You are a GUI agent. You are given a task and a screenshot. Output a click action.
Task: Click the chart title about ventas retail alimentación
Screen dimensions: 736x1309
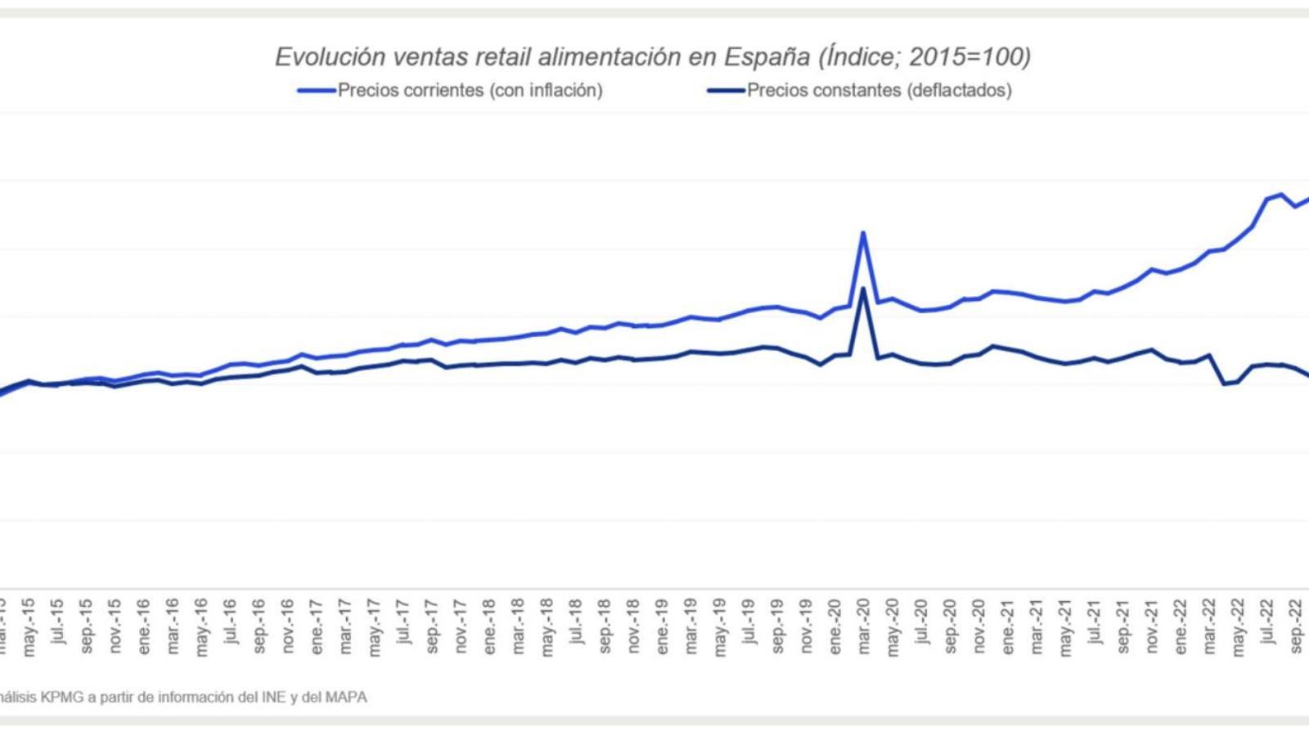[653, 56]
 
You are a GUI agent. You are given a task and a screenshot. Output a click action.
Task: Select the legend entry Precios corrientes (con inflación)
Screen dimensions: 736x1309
[470, 91]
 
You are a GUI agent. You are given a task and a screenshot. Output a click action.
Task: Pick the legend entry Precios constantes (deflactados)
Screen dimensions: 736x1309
[879, 91]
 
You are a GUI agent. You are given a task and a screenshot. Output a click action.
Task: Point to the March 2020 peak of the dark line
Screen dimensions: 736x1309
[863, 288]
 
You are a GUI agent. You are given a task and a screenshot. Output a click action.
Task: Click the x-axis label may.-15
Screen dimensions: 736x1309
[29, 627]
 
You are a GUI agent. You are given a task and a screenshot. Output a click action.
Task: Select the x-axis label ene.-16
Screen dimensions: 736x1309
[144, 627]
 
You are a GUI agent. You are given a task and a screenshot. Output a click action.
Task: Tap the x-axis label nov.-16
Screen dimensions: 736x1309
[288, 627]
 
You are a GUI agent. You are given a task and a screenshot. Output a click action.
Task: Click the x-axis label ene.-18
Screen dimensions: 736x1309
[489, 627]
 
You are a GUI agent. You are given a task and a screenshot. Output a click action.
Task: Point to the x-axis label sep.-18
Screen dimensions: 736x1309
[605, 627]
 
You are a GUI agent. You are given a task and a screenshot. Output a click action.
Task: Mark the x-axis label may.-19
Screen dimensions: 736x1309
[720, 627]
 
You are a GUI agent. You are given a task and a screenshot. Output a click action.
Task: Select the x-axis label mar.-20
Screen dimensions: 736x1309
[863, 627]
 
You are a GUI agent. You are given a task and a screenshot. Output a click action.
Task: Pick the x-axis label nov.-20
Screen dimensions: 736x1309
[978, 627]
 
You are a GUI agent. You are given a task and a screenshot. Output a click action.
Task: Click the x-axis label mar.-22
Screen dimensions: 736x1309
[1209, 627]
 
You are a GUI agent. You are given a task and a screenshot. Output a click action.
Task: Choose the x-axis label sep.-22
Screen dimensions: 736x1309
[1296, 627]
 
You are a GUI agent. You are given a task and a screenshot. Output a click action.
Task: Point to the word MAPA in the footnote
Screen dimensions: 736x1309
[347, 698]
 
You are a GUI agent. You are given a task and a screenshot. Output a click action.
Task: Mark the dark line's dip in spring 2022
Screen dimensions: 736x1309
[1225, 384]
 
